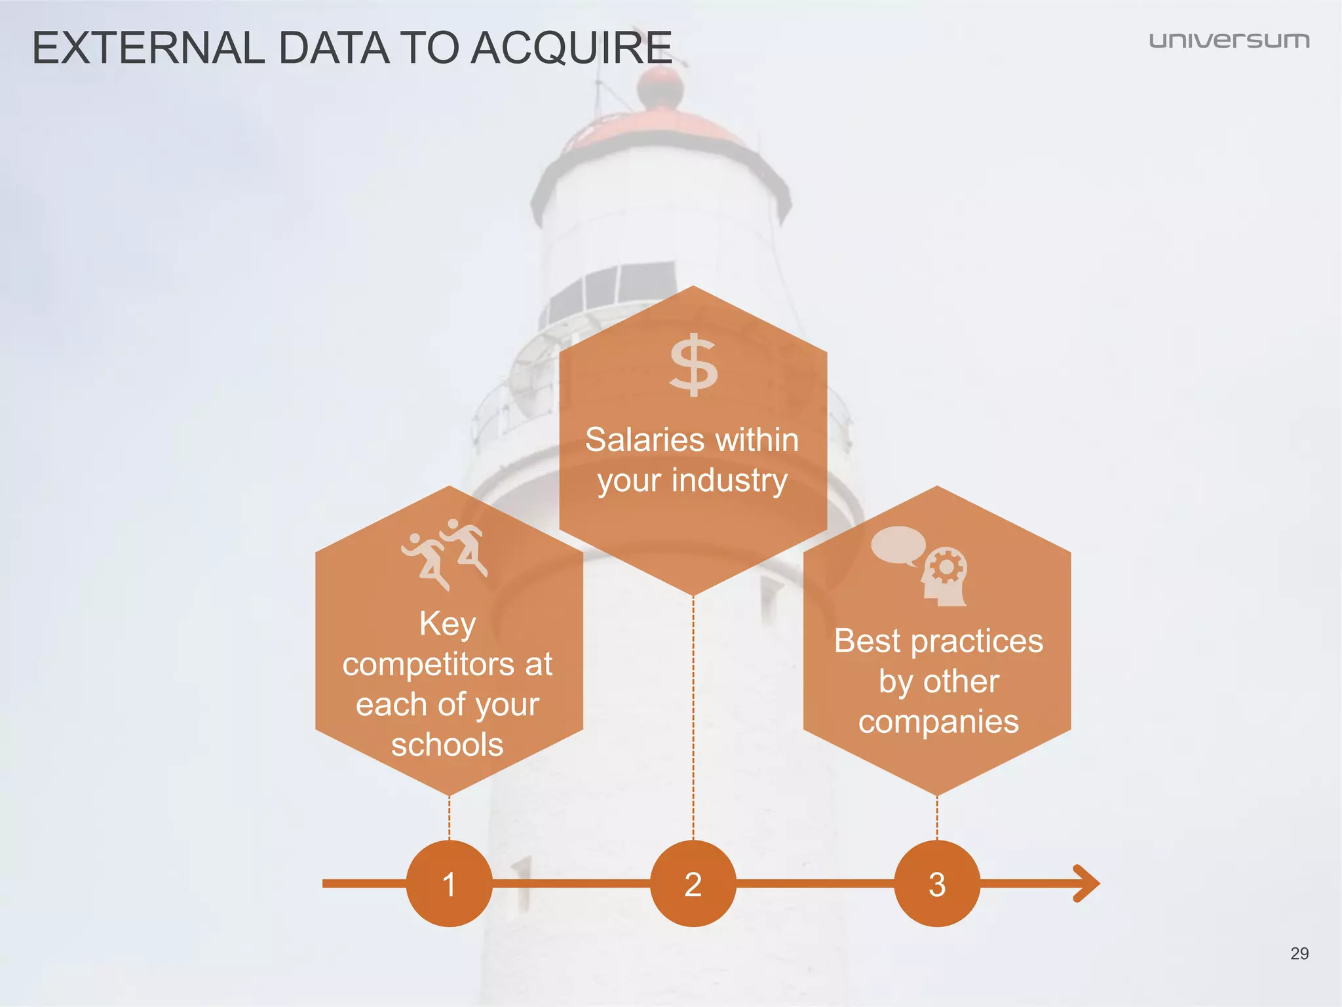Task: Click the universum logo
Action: coord(1229,41)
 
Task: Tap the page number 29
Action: coord(1299,953)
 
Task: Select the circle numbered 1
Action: coord(449,884)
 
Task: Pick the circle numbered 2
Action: coord(693,884)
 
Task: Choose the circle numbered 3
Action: coord(937,884)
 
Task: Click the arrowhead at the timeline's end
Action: coord(1088,884)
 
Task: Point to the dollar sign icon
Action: coord(693,366)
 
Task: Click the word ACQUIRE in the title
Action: coord(571,49)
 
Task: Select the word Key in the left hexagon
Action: coord(448,623)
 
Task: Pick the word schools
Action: coord(448,745)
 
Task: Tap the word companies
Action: coord(938,722)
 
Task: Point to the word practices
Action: coord(976,641)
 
